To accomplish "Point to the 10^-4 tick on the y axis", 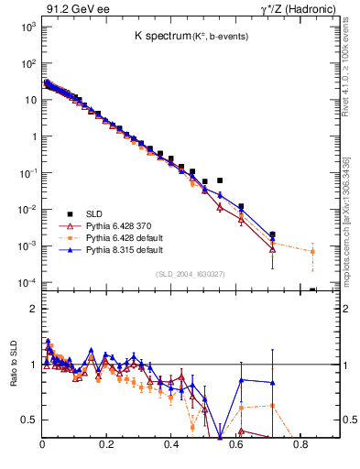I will (28, 282).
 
